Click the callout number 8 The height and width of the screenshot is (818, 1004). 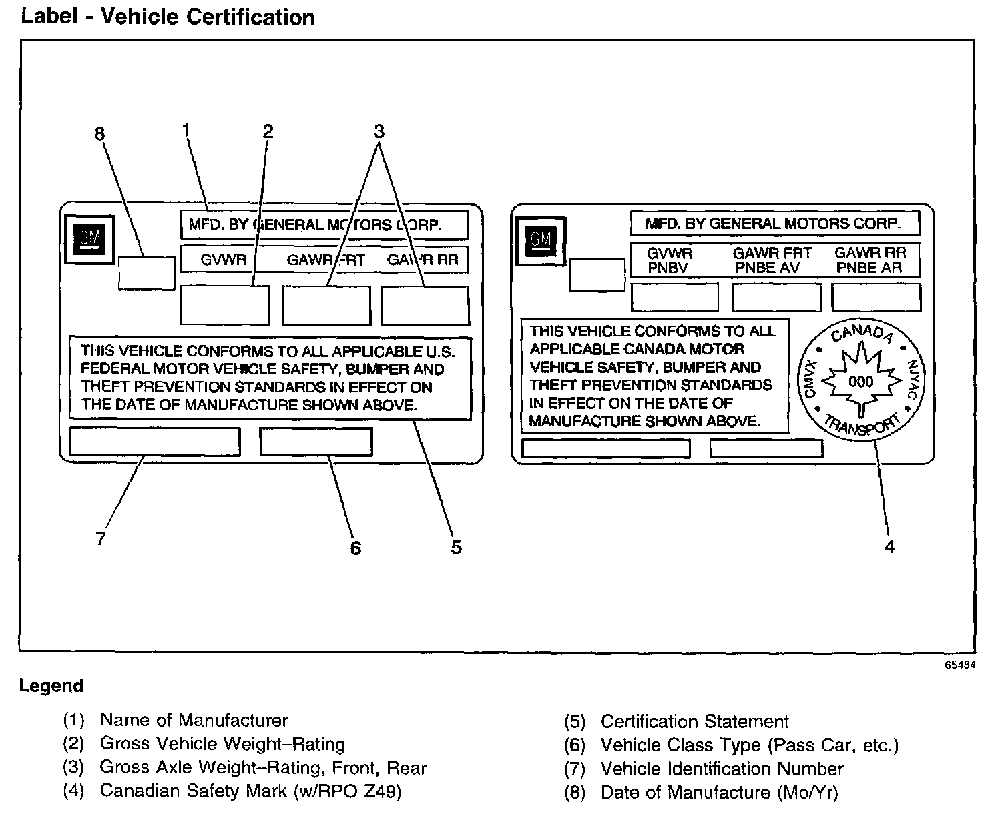pos(99,134)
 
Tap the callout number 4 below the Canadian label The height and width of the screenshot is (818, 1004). pos(889,546)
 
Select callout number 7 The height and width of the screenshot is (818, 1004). pos(100,538)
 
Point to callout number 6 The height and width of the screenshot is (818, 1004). pos(355,548)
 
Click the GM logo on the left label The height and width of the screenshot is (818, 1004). pos(89,240)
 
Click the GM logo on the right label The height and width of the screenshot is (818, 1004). pos(541,241)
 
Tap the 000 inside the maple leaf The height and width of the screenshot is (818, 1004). pos(860,382)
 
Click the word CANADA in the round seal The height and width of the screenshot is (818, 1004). pos(861,332)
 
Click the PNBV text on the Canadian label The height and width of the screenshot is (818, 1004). pos(668,268)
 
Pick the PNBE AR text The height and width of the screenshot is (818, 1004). pos(868,268)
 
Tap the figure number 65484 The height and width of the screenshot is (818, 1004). pos(960,665)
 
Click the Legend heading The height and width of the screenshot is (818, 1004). pos(51,686)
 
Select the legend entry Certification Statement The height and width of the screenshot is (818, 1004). pos(694,721)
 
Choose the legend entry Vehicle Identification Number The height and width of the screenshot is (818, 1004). pos(722,769)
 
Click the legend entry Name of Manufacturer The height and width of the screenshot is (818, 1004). pos(194,720)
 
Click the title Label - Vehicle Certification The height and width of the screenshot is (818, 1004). pos(168,17)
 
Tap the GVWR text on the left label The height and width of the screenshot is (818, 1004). pos(223,260)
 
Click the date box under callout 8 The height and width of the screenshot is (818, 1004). pos(146,274)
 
